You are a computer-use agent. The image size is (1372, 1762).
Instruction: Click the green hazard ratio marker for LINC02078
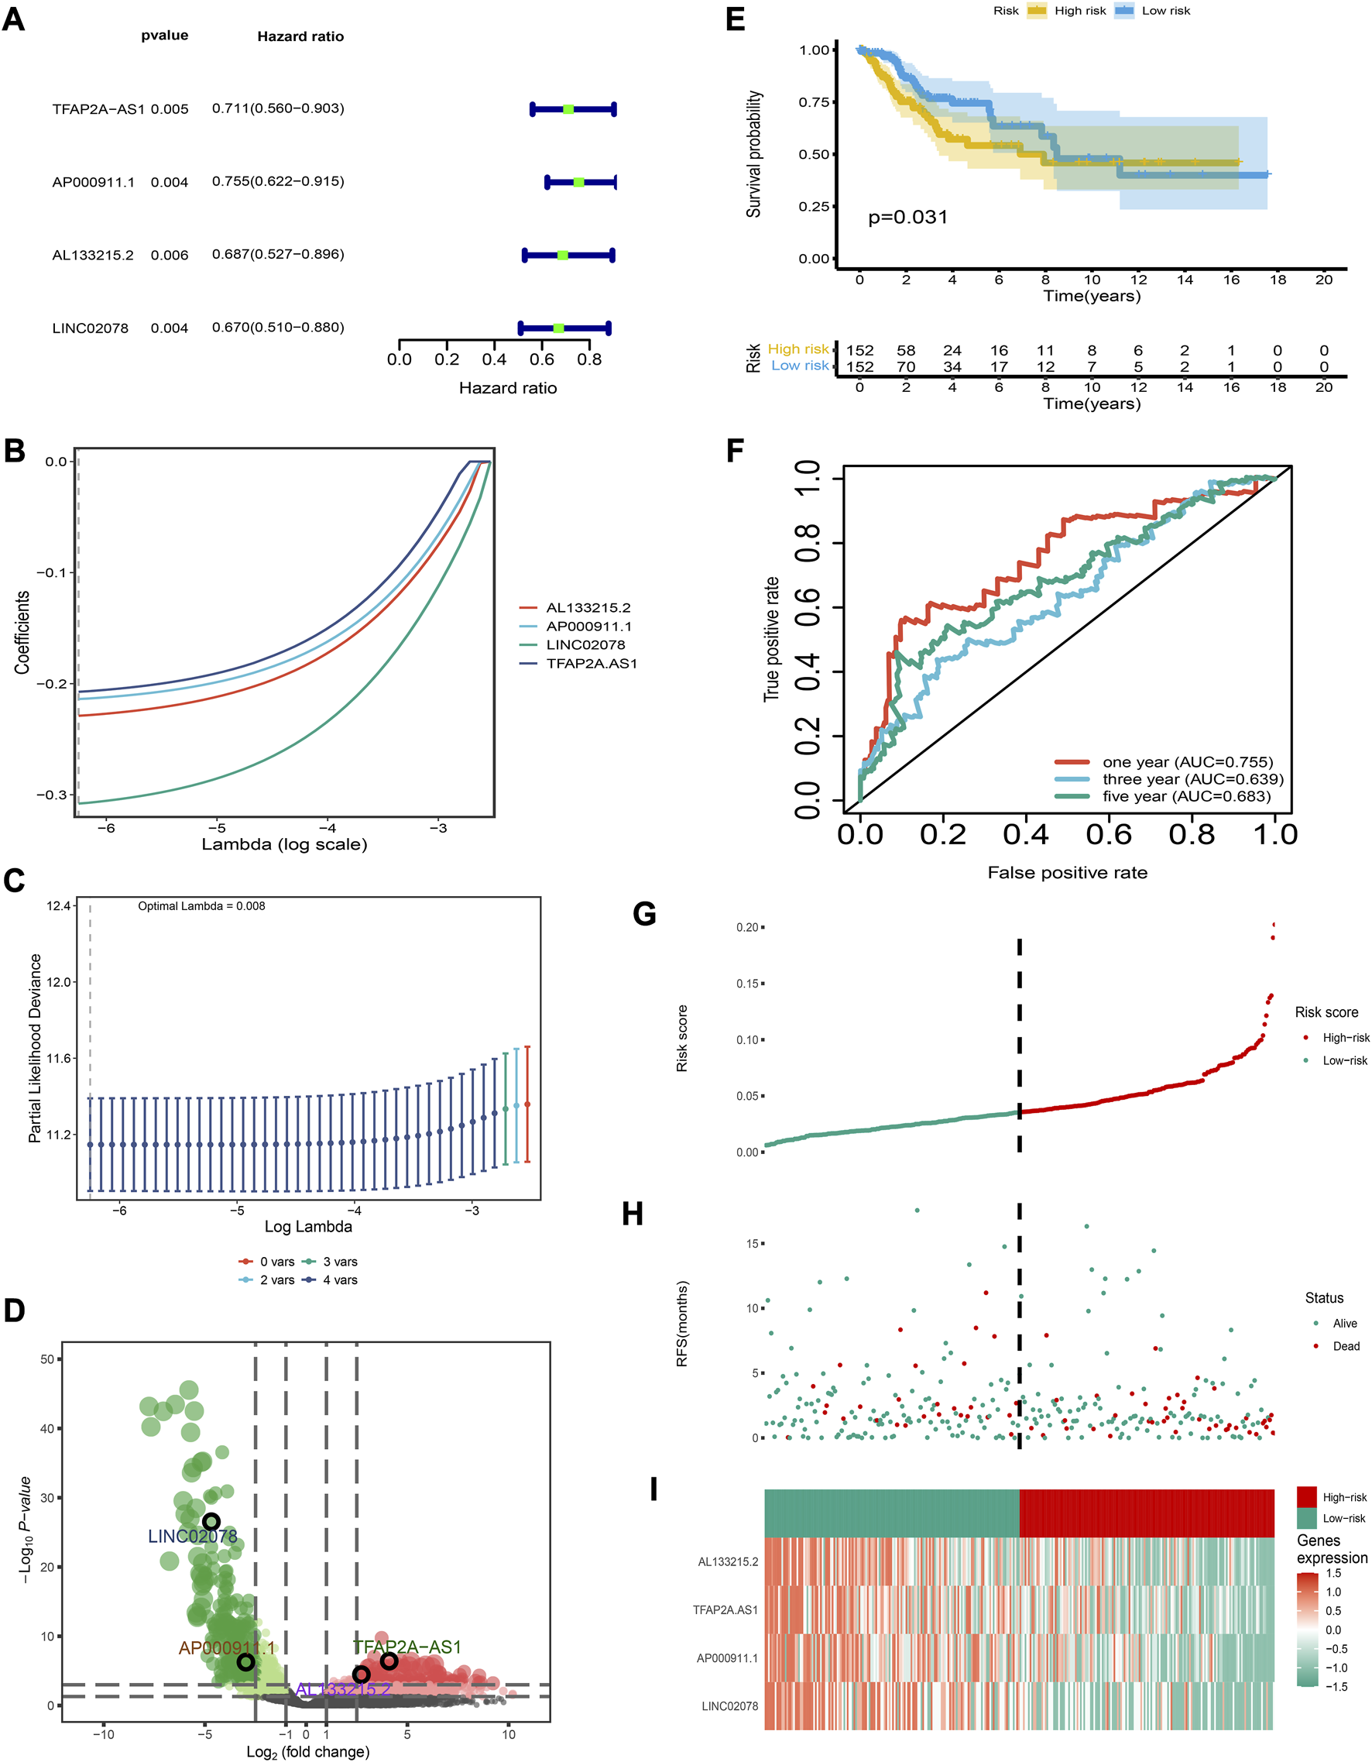click(558, 328)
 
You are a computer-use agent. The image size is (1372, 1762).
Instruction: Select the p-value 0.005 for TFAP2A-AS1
click(170, 109)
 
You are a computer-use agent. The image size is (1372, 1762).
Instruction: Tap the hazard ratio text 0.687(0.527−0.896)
click(278, 254)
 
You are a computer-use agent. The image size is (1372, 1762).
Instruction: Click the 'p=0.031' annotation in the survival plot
click(907, 217)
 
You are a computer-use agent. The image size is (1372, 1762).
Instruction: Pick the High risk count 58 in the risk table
click(906, 350)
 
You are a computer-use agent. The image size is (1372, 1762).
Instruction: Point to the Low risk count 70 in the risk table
click(906, 366)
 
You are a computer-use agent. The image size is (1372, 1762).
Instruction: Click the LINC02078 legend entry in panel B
click(585, 644)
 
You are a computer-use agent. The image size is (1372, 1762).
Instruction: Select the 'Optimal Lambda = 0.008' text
click(201, 906)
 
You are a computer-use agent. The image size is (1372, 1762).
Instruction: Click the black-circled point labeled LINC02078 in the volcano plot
click(211, 1522)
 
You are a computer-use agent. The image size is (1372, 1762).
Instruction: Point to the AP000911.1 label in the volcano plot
click(227, 1648)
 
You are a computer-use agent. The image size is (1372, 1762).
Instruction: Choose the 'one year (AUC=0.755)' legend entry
click(1187, 761)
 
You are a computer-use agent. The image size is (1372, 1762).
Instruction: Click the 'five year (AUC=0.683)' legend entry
click(1185, 796)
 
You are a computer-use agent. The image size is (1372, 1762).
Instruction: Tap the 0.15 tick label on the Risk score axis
click(747, 984)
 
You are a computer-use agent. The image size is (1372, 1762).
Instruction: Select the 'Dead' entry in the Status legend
click(1346, 1346)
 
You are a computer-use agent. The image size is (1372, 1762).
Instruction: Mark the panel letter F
click(734, 451)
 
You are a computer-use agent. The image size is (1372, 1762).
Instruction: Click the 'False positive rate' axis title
click(1067, 872)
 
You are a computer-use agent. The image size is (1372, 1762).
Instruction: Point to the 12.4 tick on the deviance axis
click(59, 906)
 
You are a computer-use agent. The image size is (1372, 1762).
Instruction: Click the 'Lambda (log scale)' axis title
click(284, 844)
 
